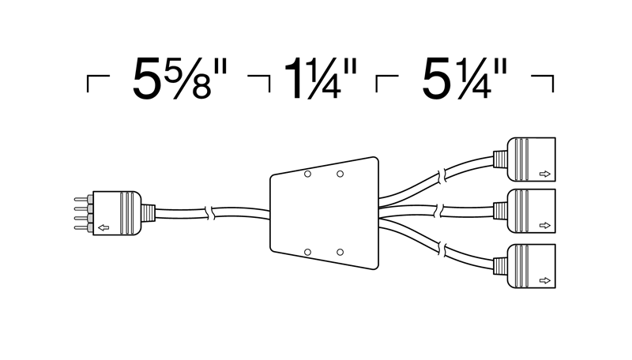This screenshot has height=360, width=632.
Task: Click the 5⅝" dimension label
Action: click(180, 78)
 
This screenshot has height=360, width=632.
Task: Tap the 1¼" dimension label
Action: click(321, 78)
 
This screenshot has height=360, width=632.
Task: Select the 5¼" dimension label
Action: click(465, 78)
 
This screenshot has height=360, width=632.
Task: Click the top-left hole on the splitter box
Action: click(307, 174)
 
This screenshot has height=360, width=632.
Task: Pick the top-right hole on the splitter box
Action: click(340, 174)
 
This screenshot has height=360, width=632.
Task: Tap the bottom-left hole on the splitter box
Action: click(307, 252)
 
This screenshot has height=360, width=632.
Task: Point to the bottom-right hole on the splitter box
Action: click(340, 252)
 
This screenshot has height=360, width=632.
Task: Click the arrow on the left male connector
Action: click(103, 227)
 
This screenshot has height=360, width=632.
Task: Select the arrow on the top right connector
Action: click(544, 174)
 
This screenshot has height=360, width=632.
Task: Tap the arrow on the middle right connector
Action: click(544, 226)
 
